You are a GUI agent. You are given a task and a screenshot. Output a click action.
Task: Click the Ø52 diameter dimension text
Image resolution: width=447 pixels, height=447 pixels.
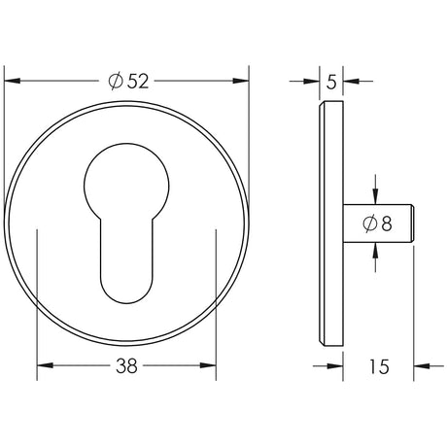coord(128,81)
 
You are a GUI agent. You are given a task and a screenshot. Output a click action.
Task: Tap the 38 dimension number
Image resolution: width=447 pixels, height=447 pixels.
coord(127,366)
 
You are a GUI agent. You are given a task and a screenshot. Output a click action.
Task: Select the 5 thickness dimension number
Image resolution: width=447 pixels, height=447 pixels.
coord(331,82)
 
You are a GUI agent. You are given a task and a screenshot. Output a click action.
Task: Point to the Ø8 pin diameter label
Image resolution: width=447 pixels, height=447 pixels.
coord(377,223)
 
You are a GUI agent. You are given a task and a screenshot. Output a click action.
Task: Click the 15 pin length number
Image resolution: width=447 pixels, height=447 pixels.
coord(378,366)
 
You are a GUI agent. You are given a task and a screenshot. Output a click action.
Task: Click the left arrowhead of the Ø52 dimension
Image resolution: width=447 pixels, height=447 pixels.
coord(12,81)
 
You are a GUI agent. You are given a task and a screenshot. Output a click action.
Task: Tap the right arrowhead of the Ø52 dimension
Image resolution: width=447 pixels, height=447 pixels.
coord(241,81)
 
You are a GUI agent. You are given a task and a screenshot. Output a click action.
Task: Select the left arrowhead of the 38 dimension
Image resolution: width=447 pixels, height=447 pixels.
coord(46,365)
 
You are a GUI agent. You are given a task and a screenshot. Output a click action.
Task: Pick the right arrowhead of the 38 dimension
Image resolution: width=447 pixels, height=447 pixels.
coord(208,365)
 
